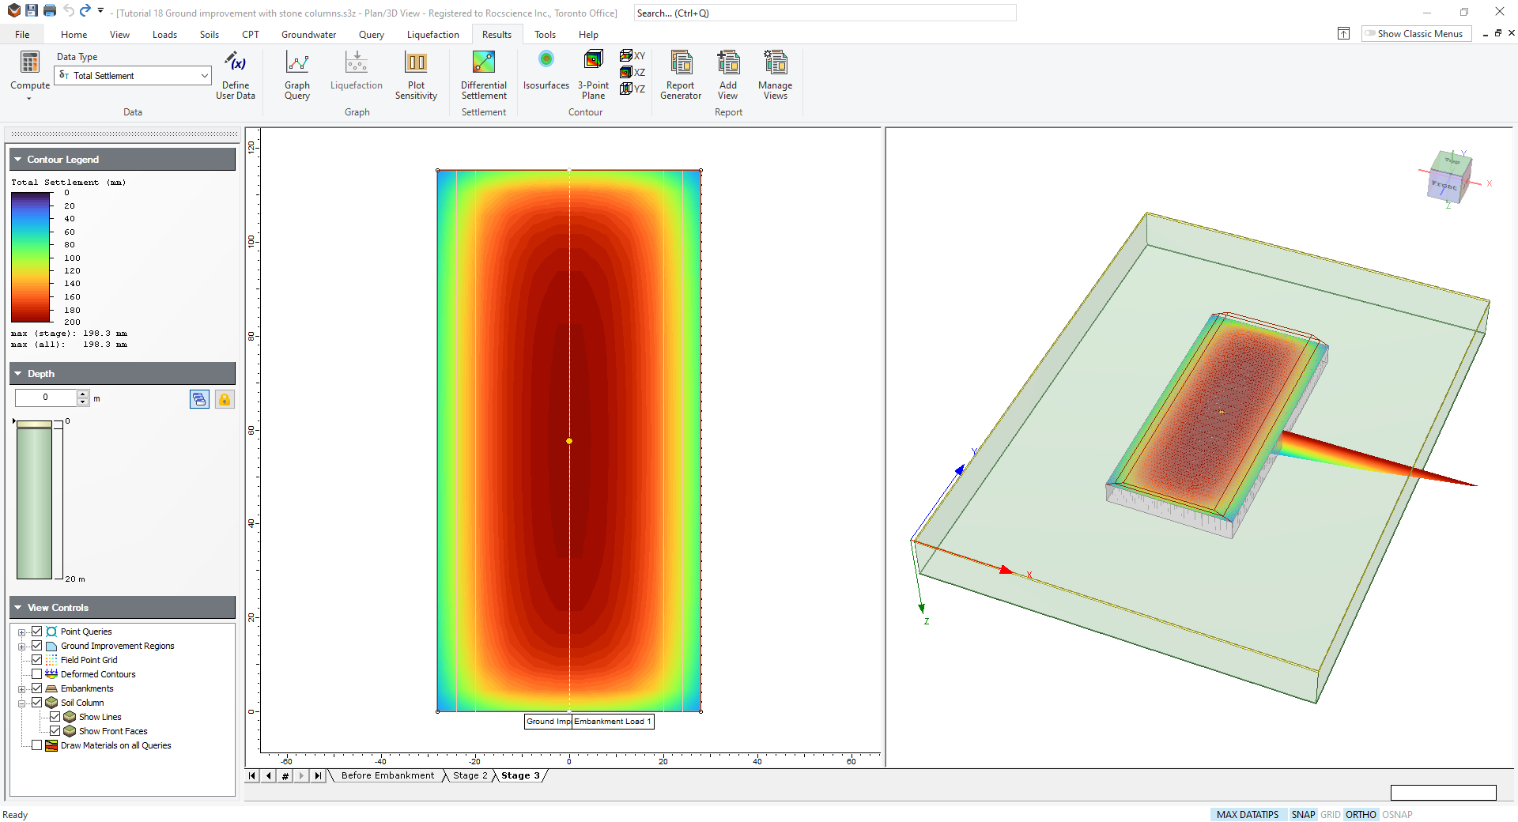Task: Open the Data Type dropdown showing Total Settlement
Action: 133,76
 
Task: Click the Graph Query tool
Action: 297,75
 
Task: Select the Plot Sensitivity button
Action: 416,75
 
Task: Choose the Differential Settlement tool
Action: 484,75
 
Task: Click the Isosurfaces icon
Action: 546,60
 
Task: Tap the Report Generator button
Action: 681,75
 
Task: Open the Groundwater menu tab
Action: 308,35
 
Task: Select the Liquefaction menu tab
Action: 432,35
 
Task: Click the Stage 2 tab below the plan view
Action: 470,776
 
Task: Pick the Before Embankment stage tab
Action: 387,776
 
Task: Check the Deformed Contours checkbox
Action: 37,674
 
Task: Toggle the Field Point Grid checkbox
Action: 37,660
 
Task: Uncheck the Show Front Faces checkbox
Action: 55,731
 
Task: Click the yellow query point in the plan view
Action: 569,441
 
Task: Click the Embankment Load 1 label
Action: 613,722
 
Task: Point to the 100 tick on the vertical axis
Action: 252,241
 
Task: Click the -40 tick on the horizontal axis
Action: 380,761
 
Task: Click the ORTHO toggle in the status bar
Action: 1361,815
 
